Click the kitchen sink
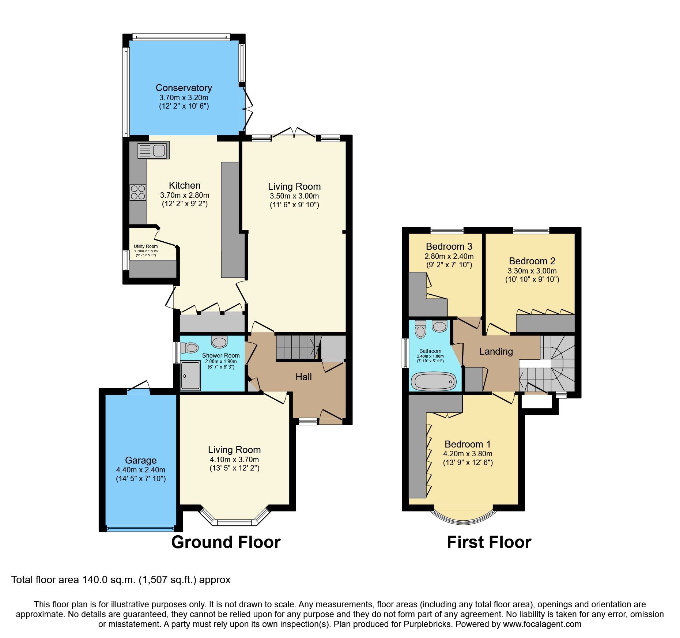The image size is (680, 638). (x=153, y=150)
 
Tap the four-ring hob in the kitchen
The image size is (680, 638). (x=138, y=192)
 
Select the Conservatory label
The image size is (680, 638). (x=184, y=88)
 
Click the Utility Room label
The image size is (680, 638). (x=146, y=246)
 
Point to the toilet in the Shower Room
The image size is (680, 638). (x=189, y=347)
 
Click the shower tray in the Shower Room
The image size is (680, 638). (x=190, y=375)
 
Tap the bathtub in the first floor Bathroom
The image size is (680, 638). (x=434, y=381)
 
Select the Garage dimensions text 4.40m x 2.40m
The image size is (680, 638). (x=141, y=470)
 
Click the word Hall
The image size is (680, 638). (x=303, y=377)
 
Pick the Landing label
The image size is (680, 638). (x=496, y=351)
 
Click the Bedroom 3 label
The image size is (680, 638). (x=449, y=246)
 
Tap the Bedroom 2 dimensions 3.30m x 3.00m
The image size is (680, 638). (x=532, y=271)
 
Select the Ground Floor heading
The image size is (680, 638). (x=226, y=542)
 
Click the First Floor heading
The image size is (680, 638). (x=489, y=542)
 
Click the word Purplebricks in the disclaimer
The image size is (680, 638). (x=427, y=624)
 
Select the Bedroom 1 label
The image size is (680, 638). (x=468, y=444)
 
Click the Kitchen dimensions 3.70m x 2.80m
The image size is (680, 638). (x=185, y=195)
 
